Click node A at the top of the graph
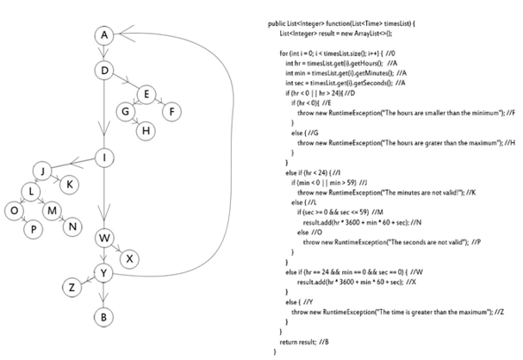pyautogui.click(x=103, y=34)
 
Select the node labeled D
pyautogui.click(x=103, y=70)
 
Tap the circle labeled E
pyautogui.click(x=146, y=94)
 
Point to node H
pyautogui.click(x=146, y=129)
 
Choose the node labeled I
pyautogui.click(x=103, y=158)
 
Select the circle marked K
pyautogui.click(x=70, y=183)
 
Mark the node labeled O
pyautogui.click(x=13, y=209)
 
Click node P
pyautogui.click(x=34, y=227)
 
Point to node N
pyautogui.click(x=72, y=227)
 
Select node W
pyautogui.click(x=103, y=239)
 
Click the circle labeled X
pyautogui.click(x=129, y=258)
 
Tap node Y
pyautogui.click(x=103, y=274)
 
